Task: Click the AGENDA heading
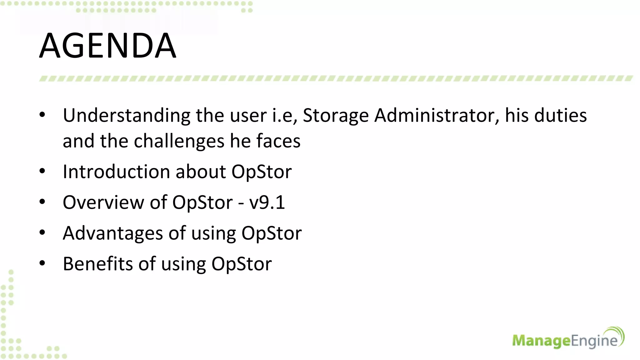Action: (x=107, y=46)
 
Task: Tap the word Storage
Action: (x=336, y=116)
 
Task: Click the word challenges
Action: (x=179, y=141)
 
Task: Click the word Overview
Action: (x=103, y=202)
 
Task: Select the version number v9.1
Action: (x=267, y=202)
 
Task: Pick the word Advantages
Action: (x=113, y=233)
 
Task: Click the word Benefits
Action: (x=98, y=264)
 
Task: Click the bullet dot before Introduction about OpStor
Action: (x=42, y=172)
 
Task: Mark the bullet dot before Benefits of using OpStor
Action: (x=42, y=263)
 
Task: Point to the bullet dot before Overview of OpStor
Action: (x=42, y=202)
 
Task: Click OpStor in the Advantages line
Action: (x=271, y=233)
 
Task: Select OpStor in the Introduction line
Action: (x=261, y=172)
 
